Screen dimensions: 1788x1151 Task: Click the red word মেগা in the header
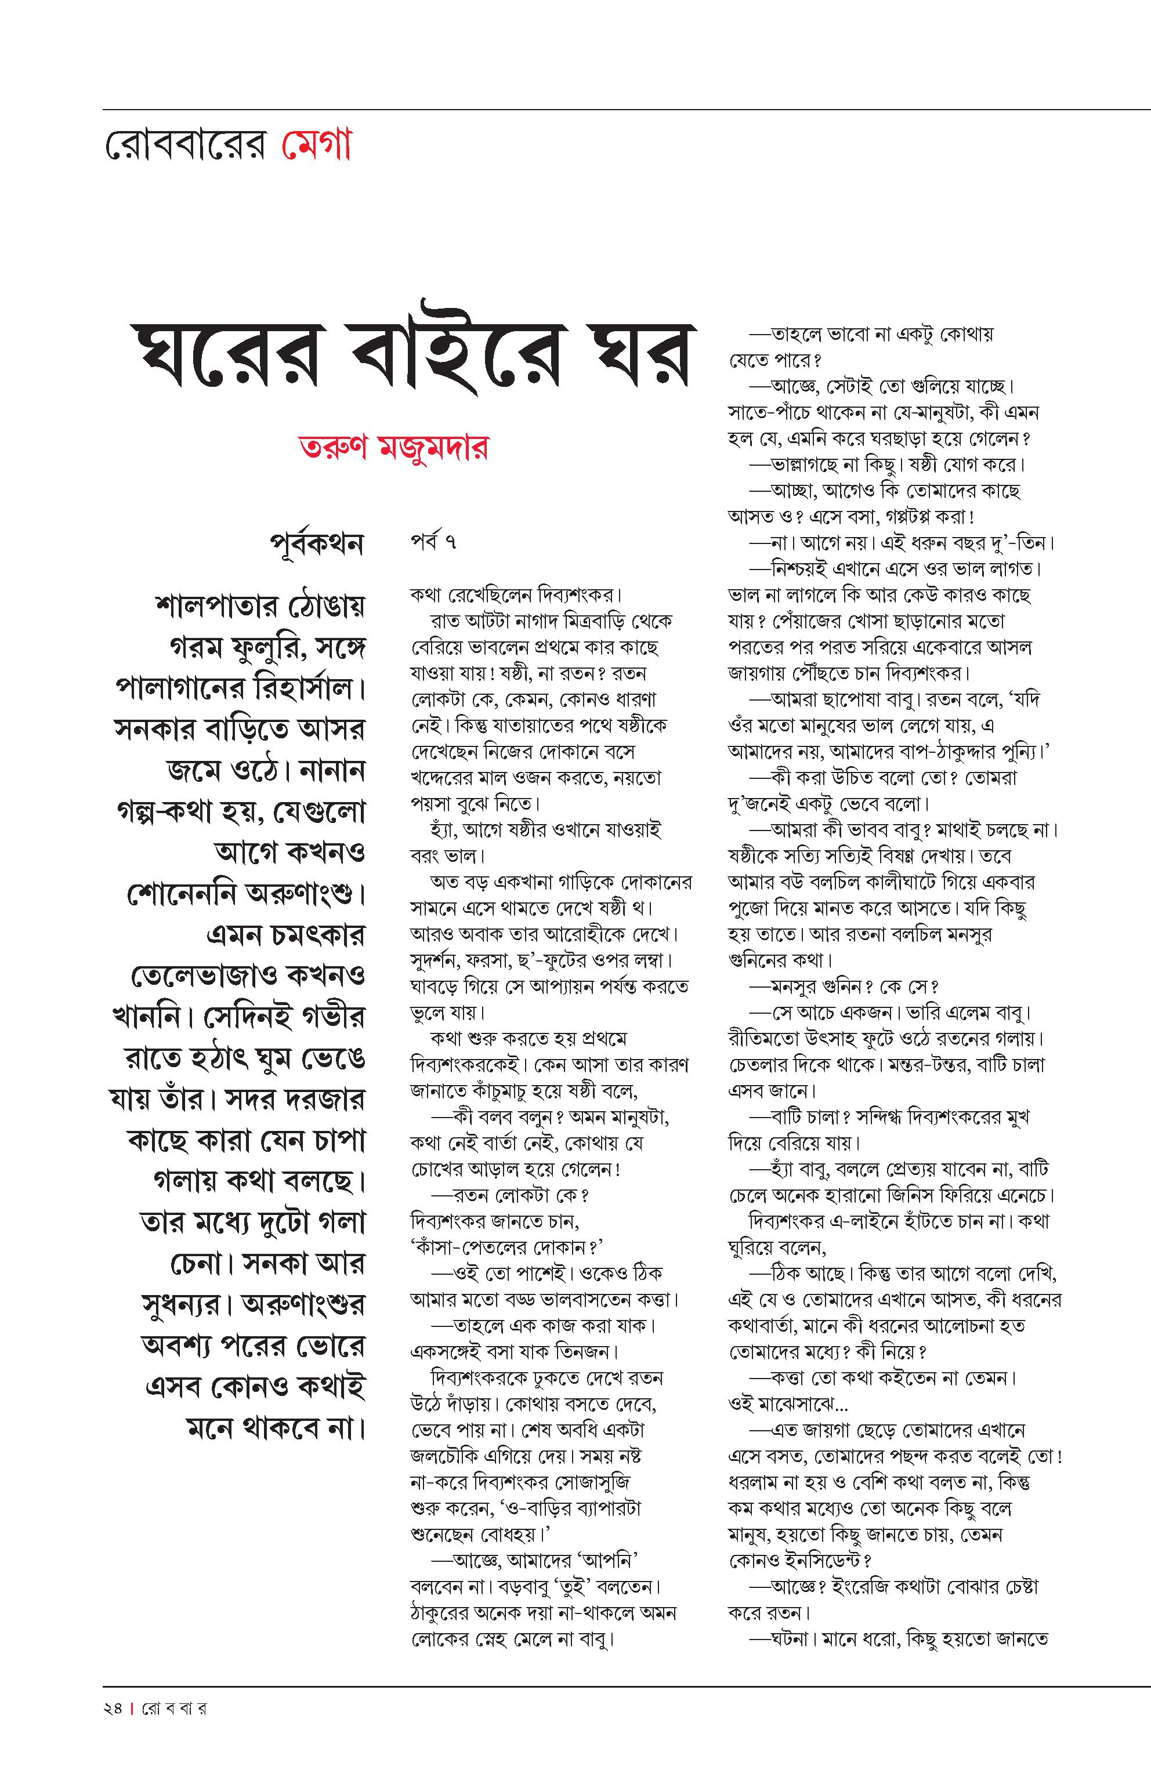tap(316, 146)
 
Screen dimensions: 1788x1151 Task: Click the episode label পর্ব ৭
tap(433, 541)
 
